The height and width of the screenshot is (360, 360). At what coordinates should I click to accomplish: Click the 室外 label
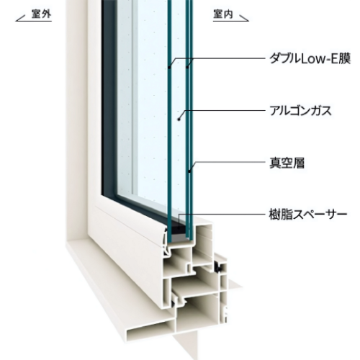[41, 14]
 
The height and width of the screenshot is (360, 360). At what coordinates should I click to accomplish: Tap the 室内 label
[223, 14]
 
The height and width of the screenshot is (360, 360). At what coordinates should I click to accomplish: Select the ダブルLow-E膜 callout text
[310, 58]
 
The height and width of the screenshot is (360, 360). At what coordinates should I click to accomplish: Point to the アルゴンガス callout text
[300, 111]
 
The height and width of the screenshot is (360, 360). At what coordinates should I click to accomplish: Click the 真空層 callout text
[287, 163]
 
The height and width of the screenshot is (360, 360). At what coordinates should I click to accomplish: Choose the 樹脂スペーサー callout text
[308, 214]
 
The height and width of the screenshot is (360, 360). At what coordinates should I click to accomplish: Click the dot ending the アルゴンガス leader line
[179, 119]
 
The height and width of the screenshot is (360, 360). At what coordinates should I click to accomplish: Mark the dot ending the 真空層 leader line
[189, 171]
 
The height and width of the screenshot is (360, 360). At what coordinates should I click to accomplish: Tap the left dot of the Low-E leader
[169, 68]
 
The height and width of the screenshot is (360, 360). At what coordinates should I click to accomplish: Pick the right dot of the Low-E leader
[187, 68]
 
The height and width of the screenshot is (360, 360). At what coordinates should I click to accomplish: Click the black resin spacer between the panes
[179, 229]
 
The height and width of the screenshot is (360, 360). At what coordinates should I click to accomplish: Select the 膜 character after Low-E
[345, 59]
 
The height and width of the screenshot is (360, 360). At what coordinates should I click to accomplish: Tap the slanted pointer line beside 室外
[21, 19]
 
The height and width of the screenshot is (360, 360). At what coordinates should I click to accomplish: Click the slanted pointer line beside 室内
[243, 19]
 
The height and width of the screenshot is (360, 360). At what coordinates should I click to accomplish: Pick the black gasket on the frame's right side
[219, 267]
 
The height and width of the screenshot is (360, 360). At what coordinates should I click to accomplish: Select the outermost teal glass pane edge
[170, 120]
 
